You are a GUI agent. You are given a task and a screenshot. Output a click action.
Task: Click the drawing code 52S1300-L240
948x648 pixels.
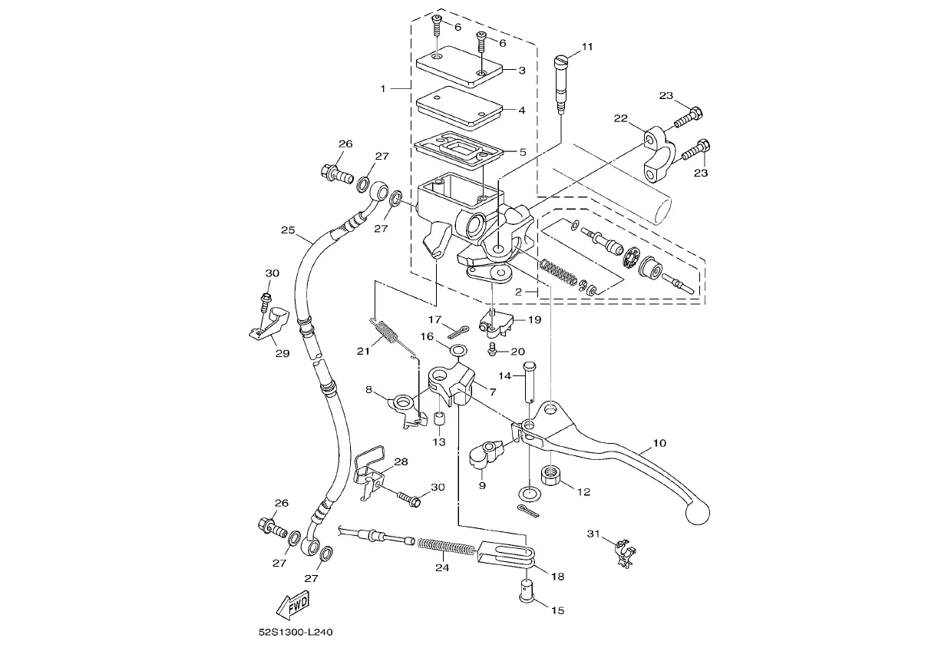(x=296, y=632)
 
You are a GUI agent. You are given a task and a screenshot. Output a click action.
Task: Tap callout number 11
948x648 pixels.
(x=587, y=47)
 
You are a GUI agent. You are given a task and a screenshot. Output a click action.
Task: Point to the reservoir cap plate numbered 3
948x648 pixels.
(x=460, y=67)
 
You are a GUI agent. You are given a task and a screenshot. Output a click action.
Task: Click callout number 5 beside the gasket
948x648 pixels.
(x=523, y=151)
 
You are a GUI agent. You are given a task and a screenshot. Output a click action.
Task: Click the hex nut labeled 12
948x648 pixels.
(x=551, y=475)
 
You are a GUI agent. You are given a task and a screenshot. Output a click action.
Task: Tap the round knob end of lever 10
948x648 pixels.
(x=697, y=513)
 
